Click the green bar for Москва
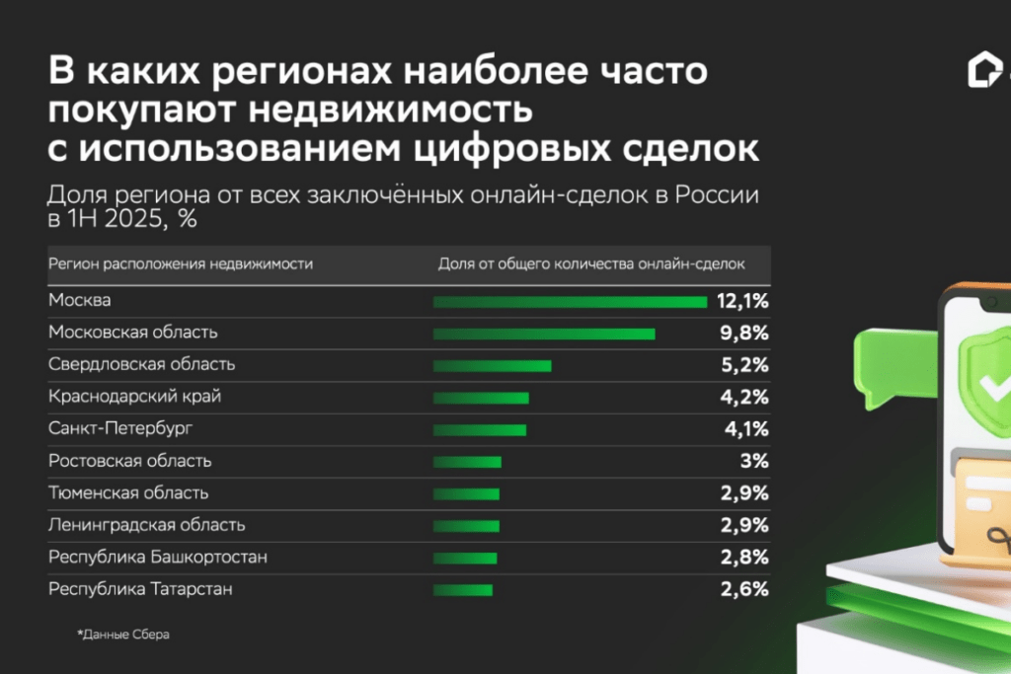pyautogui.click(x=570, y=301)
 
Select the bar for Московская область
pyautogui.click(x=544, y=334)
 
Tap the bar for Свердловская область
pyautogui.click(x=492, y=365)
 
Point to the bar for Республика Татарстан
pyautogui.click(x=462, y=590)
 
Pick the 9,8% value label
pyautogui.click(x=744, y=333)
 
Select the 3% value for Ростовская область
pyautogui.click(x=754, y=461)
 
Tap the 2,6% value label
pyautogui.click(x=744, y=590)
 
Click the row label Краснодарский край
pyautogui.click(x=134, y=397)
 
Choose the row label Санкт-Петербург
pyautogui.click(x=119, y=429)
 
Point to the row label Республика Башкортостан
pyautogui.click(x=157, y=558)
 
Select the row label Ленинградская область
pyautogui.click(x=146, y=525)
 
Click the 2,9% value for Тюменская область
pyautogui.click(x=744, y=493)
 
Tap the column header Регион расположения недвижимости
pyautogui.click(x=181, y=264)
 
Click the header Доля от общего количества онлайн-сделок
pyautogui.click(x=591, y=264)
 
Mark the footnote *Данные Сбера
pyautogui.click(x=123, y=635)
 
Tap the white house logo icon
pyautogui.click(x=984, y=72)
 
